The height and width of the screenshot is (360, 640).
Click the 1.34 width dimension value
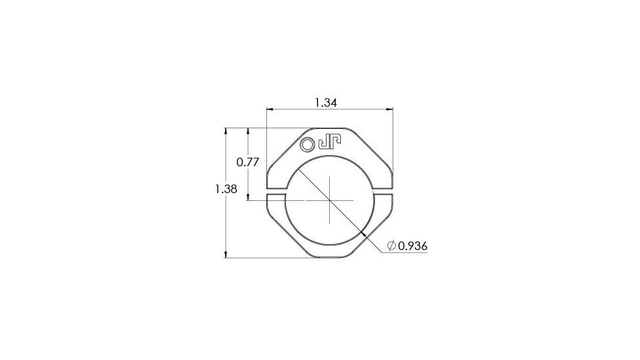326,103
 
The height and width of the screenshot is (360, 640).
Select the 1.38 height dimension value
226,189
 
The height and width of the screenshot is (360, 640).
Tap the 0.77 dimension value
248,162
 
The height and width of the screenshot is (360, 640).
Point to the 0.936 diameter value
413,246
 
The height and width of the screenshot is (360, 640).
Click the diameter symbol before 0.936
391,245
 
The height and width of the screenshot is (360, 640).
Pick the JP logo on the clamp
330,143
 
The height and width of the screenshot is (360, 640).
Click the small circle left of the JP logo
308,144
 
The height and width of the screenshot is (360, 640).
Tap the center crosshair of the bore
330,200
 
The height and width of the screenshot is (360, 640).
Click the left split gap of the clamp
277,192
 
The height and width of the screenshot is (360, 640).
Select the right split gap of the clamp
383,192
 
